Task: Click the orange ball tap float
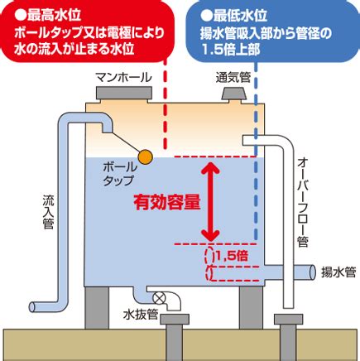(145, 156)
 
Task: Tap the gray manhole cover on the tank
(124, 94)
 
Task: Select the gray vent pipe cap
(233, 94)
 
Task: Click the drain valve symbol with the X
(158, 298)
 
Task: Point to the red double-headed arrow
(210, 200)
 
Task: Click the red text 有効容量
(167, 203)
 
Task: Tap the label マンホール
(123, 78)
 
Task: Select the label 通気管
(233, 78)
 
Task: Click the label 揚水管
(338, 272)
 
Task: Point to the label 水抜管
(141, 315)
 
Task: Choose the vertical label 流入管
(48, 212)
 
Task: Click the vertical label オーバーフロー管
(303, 202)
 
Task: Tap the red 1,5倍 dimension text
(232, 256)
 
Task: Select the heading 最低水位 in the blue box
(234, 16)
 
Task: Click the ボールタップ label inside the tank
(120, 174)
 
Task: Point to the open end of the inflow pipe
(32, 307)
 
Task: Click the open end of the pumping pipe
(313, 272)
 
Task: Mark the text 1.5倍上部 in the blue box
(231, 50)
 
